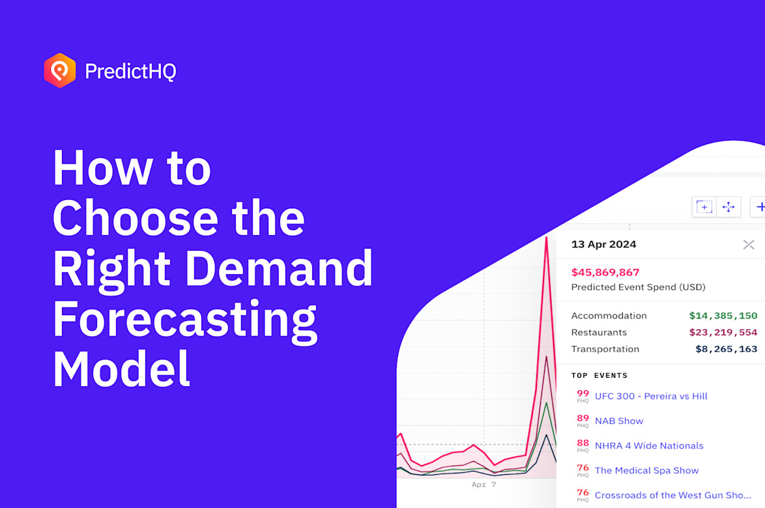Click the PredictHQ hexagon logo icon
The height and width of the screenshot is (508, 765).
(60, 70)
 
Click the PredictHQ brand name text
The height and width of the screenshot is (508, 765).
(130, 71)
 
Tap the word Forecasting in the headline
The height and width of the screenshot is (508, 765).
(184, 318)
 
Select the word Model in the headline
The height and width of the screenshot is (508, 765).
(121, 369)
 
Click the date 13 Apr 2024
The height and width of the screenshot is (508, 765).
(603, 245)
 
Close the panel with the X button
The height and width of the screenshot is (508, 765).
(748, 245)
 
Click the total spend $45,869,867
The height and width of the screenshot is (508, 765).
(605, 272)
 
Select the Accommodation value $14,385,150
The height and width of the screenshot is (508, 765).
(723, 316)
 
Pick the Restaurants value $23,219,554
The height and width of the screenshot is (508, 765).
(723, 332)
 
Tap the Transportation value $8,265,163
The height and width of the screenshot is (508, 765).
(726, 349)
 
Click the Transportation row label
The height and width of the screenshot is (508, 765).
(605, 349)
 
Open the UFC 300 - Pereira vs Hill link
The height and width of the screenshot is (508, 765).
(650, 396)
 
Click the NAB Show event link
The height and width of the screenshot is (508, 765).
(618, 421)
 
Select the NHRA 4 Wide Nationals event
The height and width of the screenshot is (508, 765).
(648, 445)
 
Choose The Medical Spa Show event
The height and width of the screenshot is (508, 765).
(646, 470)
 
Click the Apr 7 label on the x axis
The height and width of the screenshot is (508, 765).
(484, 485)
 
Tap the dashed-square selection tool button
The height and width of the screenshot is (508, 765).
(704, 207)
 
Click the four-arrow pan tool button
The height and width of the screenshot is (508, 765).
(729, 207)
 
